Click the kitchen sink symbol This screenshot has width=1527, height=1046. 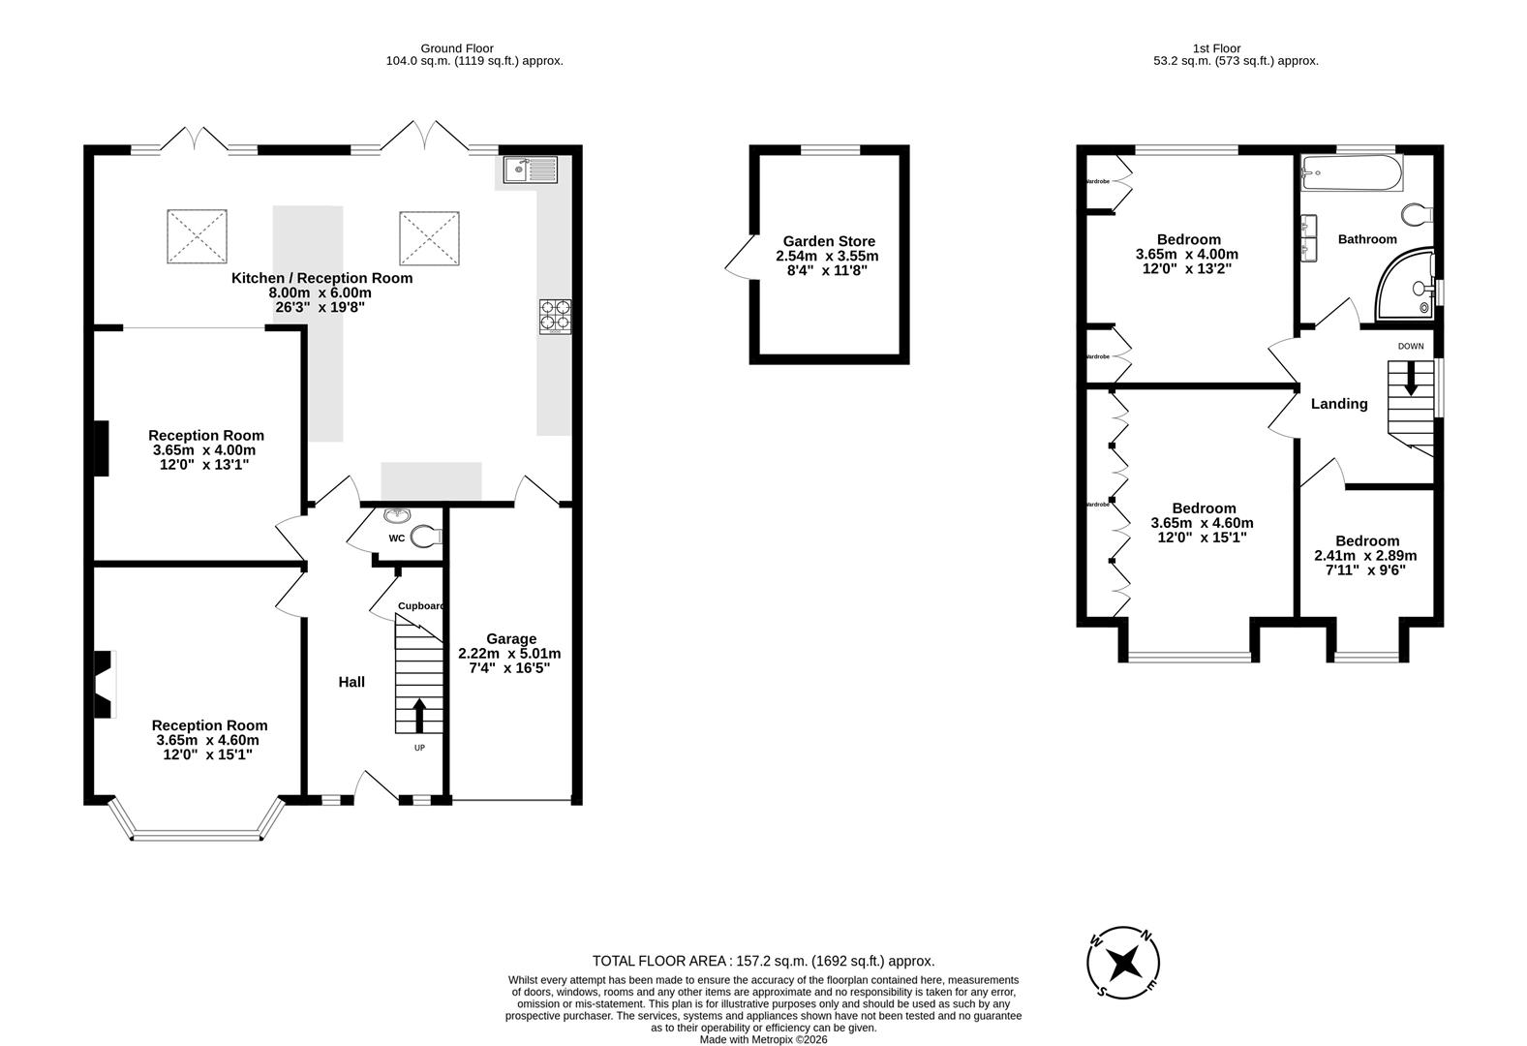point(529,170)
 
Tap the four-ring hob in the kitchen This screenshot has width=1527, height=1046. point(555,317)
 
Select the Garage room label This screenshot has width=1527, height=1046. point(510,638)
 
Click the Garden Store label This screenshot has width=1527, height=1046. point(829,241)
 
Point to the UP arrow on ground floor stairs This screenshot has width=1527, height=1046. point(419,716)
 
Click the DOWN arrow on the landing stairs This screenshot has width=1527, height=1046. point(1410,378)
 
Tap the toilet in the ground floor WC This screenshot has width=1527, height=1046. point(425,536)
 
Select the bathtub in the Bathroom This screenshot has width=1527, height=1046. point(1350,173)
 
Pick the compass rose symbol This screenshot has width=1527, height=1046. point(1123,964)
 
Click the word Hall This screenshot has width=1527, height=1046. point(351,682)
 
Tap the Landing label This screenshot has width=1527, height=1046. point(1339,404)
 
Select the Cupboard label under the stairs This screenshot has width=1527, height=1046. point(421,606)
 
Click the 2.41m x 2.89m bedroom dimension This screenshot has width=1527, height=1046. point(1364,556)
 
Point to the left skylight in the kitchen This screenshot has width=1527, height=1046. point(197,236)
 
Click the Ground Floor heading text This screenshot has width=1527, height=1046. point(457,47)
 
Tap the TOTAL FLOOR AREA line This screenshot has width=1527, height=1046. point(763,961)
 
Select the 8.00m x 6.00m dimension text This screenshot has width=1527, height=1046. point(321,292)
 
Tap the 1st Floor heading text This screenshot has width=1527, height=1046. point(1216,47)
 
